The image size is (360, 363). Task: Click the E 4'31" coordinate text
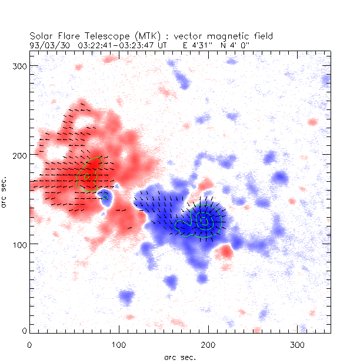coord(198,44)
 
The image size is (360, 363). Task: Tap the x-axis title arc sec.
coord(179,357)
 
